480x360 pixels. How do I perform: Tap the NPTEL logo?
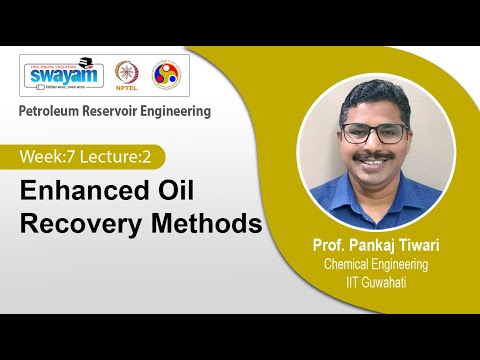tap(127, 75)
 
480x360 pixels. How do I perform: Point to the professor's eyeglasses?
tap(374, 133)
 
